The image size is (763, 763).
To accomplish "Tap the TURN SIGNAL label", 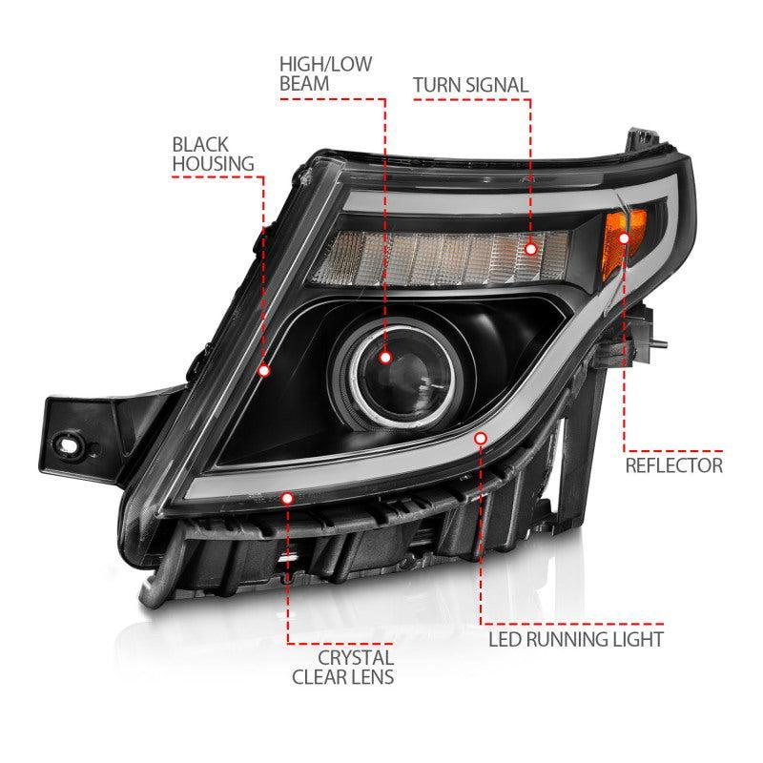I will pos(470,85).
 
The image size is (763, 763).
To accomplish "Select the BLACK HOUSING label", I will pos(200,154).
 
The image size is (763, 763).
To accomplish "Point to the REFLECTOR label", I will pos(674,465).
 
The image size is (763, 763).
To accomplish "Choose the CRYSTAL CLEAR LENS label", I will pos(358,667).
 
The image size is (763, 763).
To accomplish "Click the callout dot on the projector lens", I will pos(385,357).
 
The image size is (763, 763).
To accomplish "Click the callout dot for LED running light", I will pos(481,438).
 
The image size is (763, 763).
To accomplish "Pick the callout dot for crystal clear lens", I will pos(287,497).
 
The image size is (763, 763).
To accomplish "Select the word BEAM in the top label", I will pos(304,84).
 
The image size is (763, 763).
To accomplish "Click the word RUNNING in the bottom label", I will pos(583,638).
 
